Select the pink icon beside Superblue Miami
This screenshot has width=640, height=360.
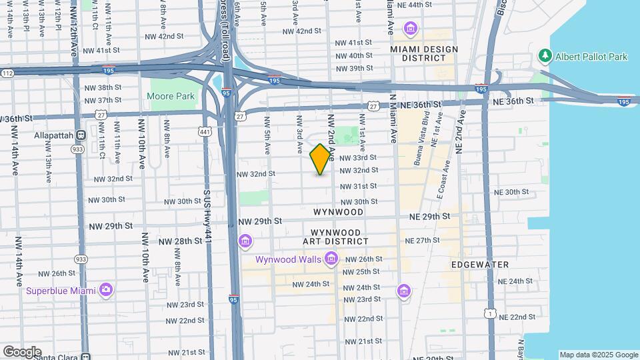[x=105, y=290]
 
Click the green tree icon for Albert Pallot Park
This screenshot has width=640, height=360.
[x=545, y=57]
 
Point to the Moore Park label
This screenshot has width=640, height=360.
[x=171, y=96]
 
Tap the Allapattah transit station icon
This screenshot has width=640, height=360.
[x=81, y=135]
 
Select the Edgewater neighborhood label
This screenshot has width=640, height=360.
[x=480, y=265]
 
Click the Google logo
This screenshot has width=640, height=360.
[x=22, y=351]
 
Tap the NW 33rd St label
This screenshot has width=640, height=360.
[x=358, y=158]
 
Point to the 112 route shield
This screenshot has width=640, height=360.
[x=7, y=73]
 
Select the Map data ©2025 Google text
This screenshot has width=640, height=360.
[x=598, y=355]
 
